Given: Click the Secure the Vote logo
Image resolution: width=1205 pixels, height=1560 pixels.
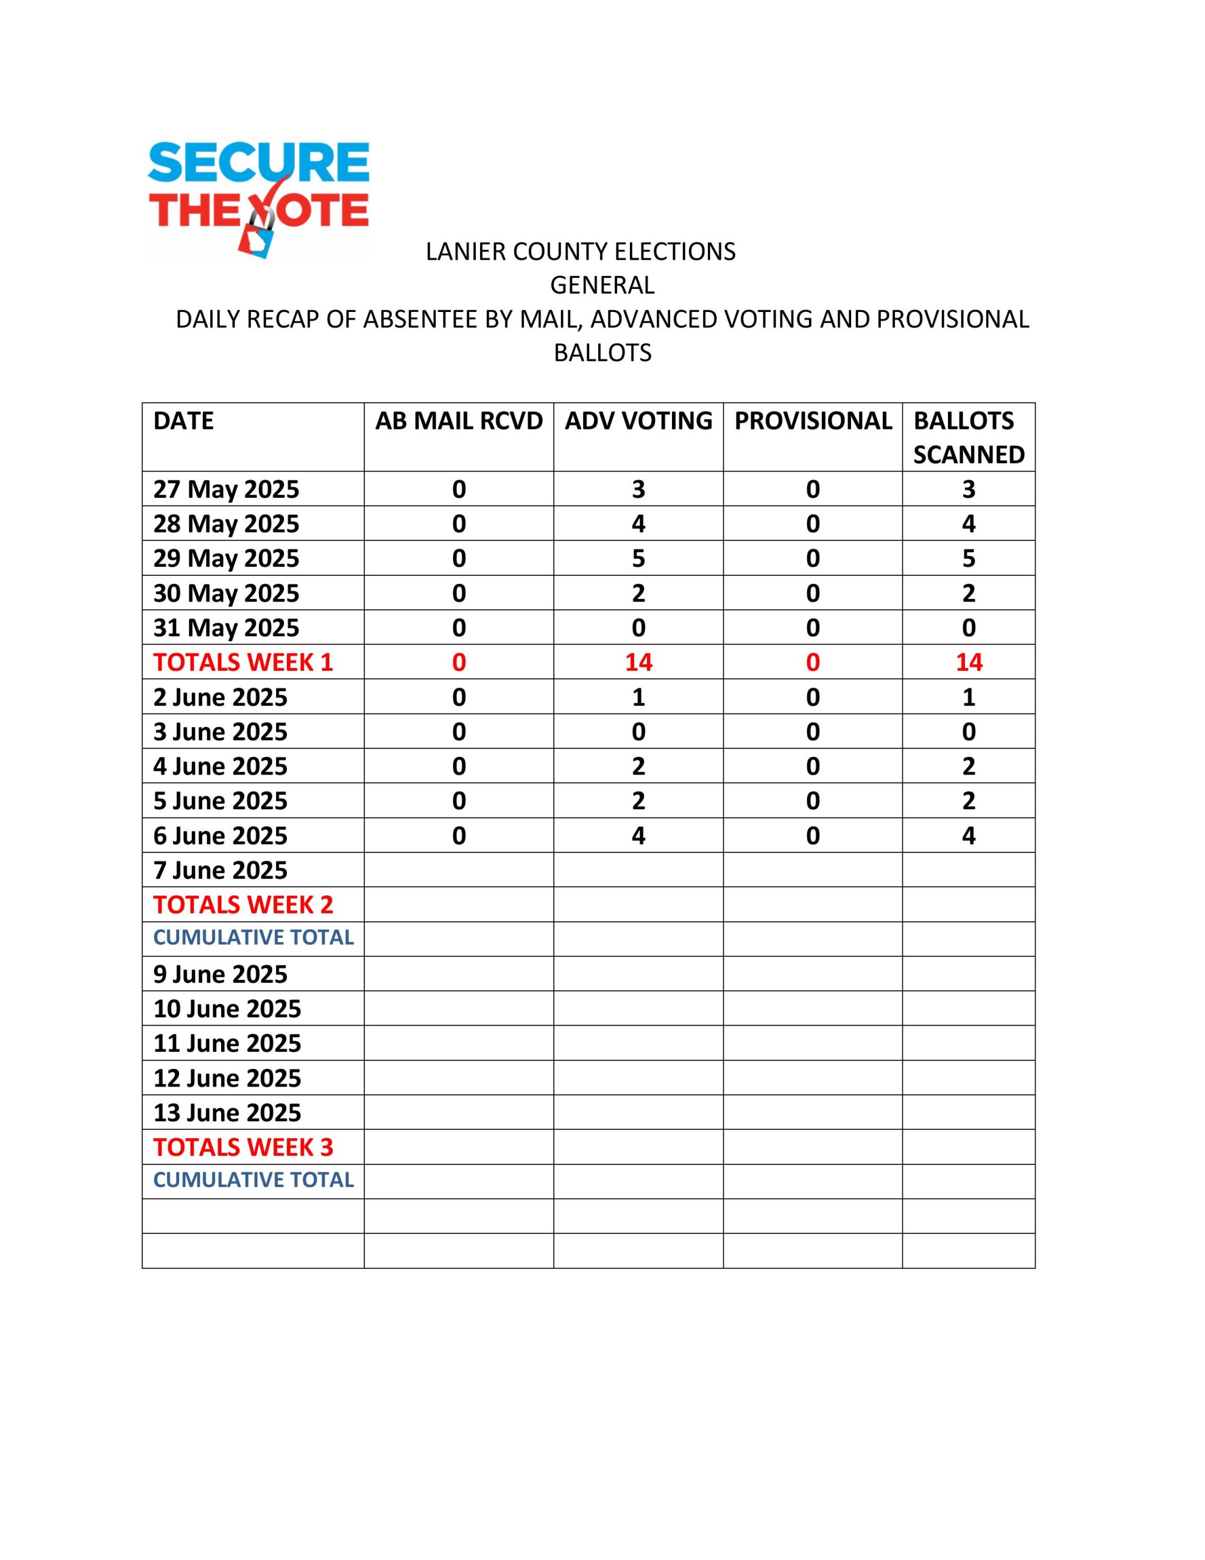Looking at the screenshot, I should [258, 198].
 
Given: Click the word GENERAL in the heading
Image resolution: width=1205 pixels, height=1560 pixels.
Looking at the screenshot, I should [601, 285].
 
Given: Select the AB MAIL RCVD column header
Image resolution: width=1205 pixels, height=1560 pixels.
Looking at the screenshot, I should [459, 420].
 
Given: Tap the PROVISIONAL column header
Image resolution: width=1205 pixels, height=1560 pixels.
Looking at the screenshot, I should [813, 420].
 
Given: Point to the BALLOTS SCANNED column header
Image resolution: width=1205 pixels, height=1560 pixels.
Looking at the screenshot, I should [968, 437].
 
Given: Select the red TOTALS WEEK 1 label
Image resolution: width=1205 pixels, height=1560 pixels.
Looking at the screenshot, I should [243, 662].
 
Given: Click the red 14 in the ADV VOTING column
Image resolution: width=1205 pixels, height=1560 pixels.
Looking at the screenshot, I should [638, 662].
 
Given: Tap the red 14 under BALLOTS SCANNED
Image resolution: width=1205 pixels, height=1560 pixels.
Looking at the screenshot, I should [969, 662].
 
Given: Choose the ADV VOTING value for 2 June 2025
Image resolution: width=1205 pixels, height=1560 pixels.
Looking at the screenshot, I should [638, 697].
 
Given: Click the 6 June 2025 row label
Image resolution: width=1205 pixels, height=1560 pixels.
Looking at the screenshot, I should [220, 835].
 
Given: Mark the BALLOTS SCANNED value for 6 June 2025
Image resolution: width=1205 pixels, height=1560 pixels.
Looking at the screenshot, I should [969, 835].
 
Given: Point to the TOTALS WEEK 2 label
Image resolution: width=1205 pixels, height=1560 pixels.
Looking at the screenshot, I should [243, 905].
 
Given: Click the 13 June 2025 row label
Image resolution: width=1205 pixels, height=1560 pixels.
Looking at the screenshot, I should [227, 1113].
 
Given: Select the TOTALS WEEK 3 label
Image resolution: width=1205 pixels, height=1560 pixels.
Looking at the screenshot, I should [243, 1147].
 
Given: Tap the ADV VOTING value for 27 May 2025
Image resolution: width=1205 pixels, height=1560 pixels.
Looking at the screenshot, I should [638, 489].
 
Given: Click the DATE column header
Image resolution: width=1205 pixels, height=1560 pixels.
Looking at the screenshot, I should [183, 420].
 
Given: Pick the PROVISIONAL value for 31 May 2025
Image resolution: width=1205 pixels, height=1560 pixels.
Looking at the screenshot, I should [813, 628].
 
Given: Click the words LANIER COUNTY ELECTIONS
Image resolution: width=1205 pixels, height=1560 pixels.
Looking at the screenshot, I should [580, 252].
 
